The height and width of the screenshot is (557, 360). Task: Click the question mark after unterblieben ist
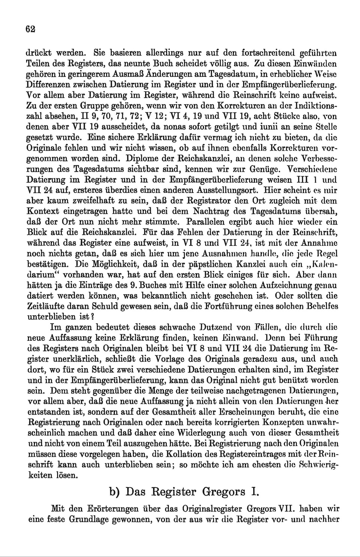[x=92, y=317]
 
